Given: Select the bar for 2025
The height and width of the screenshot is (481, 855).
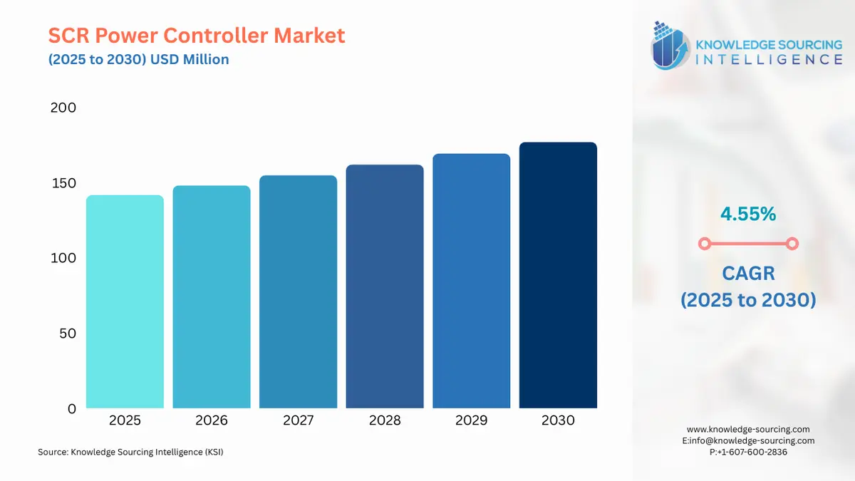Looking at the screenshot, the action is point(125,301).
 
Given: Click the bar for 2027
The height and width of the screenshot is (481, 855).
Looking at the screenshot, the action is point(298,291).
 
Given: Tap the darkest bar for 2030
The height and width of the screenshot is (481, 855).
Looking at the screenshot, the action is point(558,275).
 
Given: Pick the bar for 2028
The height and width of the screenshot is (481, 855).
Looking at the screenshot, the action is point(385,286).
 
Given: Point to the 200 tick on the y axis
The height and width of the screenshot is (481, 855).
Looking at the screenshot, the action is point(63,108).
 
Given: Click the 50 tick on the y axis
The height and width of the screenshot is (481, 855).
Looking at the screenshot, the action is point(68,333).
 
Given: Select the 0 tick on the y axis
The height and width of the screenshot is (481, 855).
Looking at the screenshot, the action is point(72,409).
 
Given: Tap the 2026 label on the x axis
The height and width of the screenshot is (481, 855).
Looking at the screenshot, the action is point(212,420).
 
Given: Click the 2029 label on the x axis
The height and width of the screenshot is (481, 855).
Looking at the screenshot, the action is point(472,420).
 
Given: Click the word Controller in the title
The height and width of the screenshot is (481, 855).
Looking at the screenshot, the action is point(216,35).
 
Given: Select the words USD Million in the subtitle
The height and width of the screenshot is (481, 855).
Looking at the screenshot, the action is point(190,60).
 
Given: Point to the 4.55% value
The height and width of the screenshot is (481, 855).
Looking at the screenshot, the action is point(748,214).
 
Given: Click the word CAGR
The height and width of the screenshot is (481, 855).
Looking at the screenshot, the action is point(749,274).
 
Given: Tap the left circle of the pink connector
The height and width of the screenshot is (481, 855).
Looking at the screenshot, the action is point(705,244).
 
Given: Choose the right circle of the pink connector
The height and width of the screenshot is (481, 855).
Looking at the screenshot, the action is point(792,244).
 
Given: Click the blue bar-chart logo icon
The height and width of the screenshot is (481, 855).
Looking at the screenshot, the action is point(670,46).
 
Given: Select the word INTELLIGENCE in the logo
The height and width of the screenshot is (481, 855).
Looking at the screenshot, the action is point(769,60).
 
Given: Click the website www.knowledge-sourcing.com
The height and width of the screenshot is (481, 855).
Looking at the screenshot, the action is point(748,430).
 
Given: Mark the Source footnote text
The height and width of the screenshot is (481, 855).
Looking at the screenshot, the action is point(130,452).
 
